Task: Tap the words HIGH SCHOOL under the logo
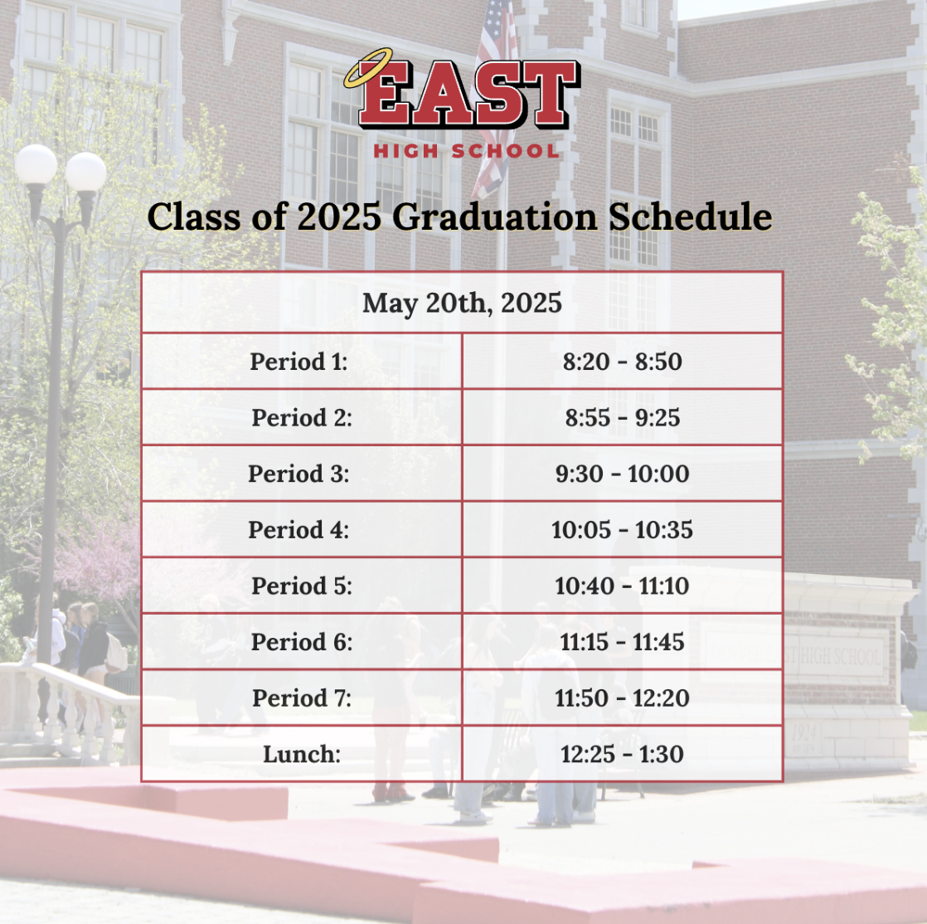click(467, 151)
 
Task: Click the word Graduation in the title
click(495, 217)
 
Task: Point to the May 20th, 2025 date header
click(462, 303)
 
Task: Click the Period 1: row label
click(298, 362)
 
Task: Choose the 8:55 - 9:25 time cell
click(623, 418)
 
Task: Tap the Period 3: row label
click(298, 474)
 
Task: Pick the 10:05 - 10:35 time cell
click(622, 530)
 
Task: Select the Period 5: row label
click(302, 586)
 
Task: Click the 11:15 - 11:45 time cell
click(623, 642)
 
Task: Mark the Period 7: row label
click(302, 698)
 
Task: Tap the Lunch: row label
click(302, 754)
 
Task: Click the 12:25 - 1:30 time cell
click(622, 754)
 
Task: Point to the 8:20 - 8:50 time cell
click(623, 362)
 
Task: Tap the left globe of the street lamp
click(36, 164)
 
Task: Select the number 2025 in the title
click(339, 217)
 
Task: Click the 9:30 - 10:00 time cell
click(622, 474)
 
